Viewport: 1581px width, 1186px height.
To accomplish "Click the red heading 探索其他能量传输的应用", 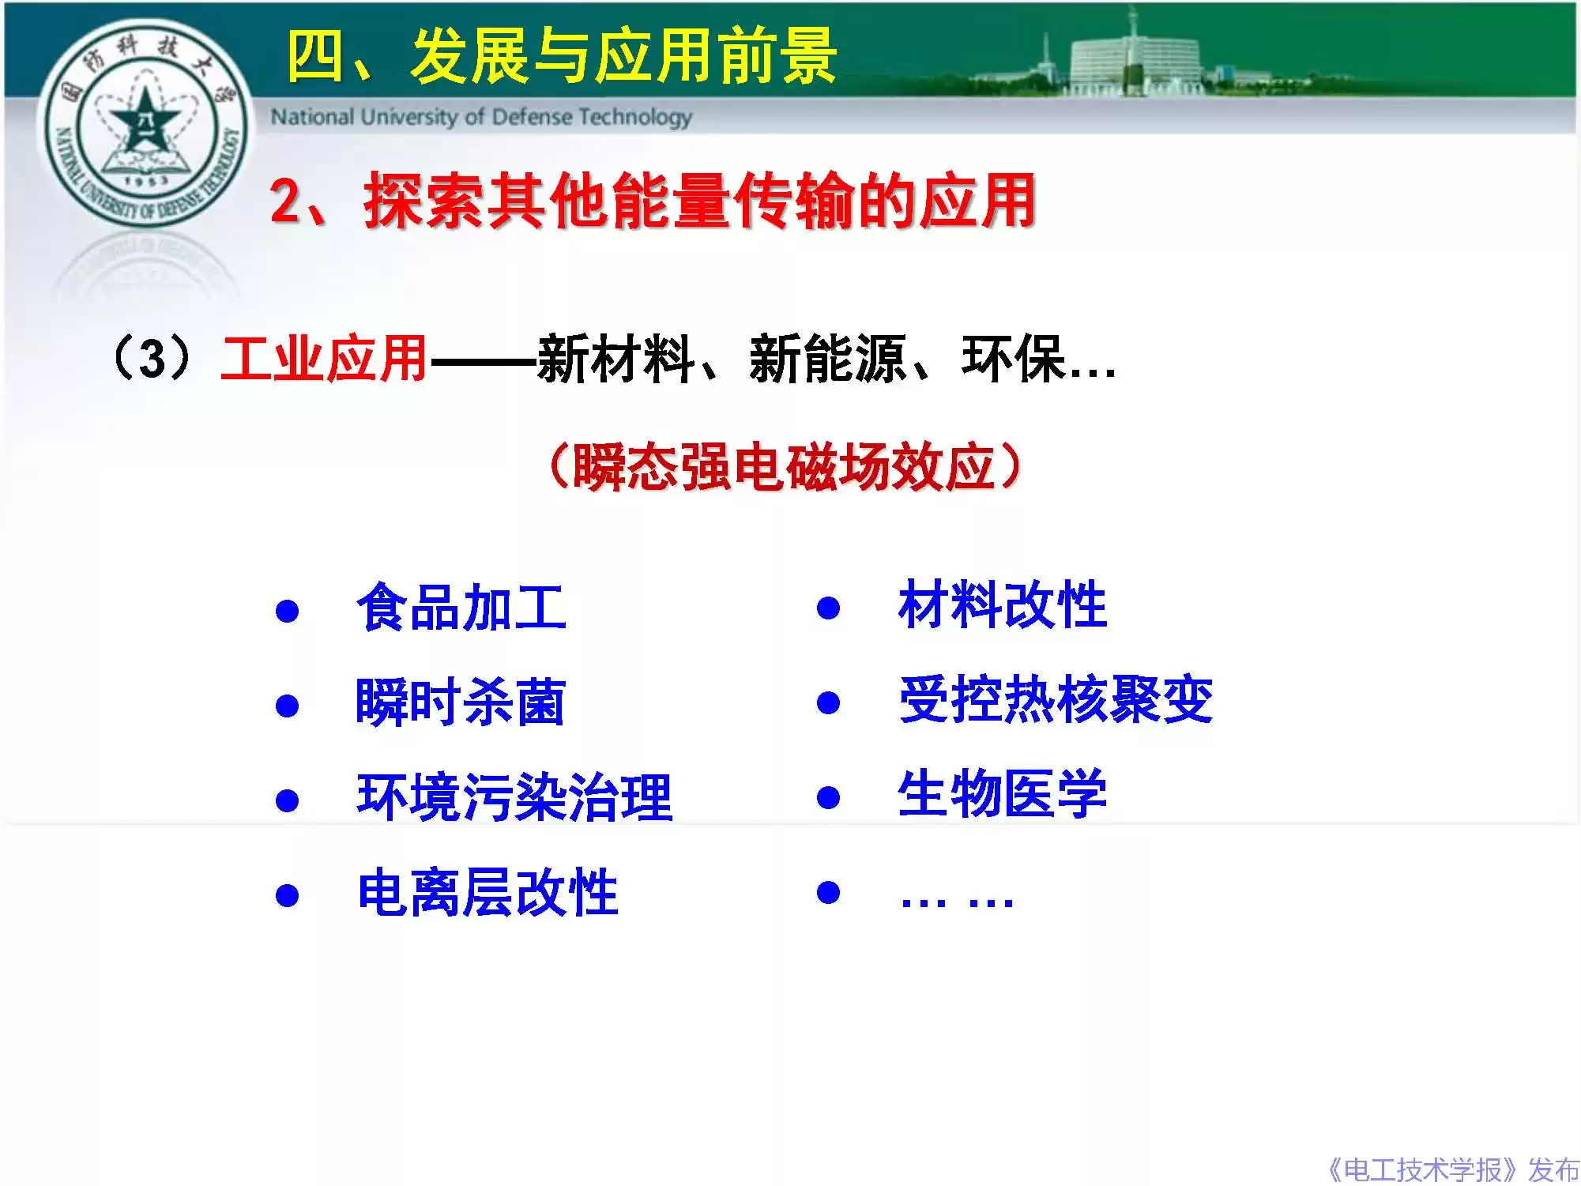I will [x=698, y=201].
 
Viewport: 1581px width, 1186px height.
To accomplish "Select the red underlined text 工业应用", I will [x=324, y=360].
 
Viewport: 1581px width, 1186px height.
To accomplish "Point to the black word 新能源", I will [x=826, y=360].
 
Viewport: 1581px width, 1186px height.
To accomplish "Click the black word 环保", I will [x=1013, y=360].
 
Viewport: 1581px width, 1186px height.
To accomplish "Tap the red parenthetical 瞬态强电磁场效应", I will [x=784, y=466].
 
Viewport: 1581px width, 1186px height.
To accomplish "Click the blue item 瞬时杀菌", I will [x=461, y=702].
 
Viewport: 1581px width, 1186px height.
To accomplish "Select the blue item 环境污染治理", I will [x=514, y=796].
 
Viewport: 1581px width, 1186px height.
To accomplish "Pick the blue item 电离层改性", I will [x=487, y=892].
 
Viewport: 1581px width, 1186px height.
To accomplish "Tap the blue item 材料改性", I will [x=1003, y=605].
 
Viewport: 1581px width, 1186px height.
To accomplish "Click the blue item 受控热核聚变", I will [x=1056, y=700].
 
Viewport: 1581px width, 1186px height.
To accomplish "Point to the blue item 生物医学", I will [x=1003, y=793].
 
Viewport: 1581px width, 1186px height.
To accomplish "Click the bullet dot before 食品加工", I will [x=287, y=611].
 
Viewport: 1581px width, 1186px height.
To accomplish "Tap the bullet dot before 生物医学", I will [x=828, y=797].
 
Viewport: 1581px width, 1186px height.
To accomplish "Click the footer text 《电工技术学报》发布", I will [x=1452, y=1169].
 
